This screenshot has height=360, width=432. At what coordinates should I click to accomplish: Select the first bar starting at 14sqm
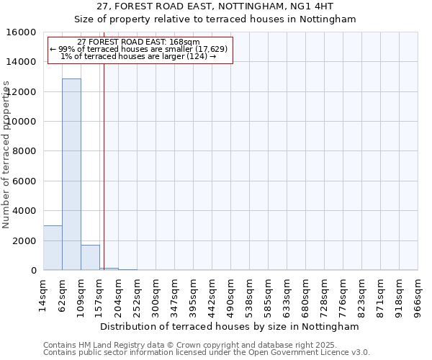(53, 248)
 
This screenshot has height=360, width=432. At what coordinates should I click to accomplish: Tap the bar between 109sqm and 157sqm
(90, 258)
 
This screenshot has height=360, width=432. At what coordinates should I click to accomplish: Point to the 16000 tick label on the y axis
(24, 32)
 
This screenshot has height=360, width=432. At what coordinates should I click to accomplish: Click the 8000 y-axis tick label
(27, 151)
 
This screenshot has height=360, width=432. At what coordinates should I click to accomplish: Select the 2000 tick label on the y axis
(27, 240)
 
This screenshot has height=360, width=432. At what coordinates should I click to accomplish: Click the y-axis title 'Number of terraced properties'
(6, 155)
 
